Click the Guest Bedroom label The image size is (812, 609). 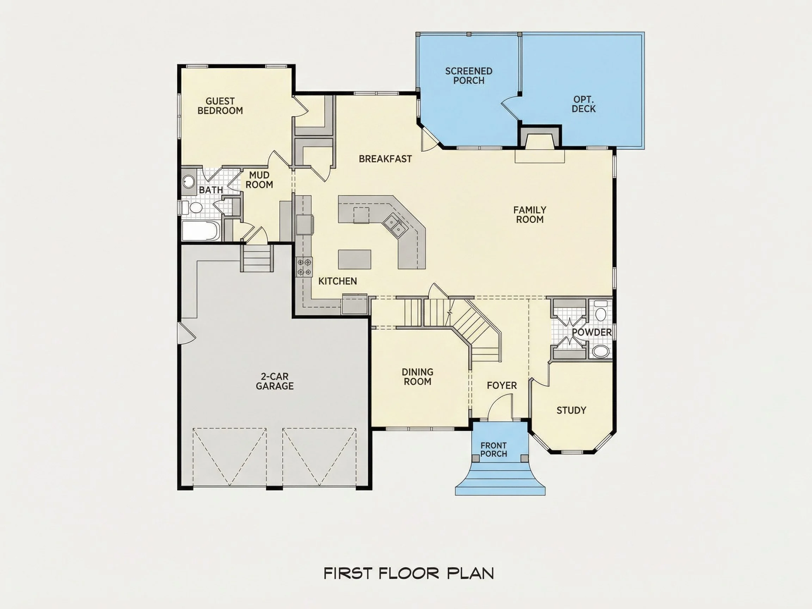point(220,106)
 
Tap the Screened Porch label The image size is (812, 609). point(469,76)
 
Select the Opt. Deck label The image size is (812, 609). point(584,104)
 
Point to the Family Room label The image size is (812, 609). point(530,215)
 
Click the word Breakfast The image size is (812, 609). point(386,159)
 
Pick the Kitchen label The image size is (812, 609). point(338,281)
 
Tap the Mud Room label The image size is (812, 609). point(259,180)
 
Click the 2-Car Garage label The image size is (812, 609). point(275,381)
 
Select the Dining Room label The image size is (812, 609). point(417,377)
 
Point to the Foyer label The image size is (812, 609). point(502,386)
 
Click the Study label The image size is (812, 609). point(571,410)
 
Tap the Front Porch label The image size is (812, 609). point(494,450)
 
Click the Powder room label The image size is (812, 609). point(592,332)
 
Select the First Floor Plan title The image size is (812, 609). point(409,573)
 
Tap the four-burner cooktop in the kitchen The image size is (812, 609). point(304,267)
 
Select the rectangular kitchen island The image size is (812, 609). point(355,259)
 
